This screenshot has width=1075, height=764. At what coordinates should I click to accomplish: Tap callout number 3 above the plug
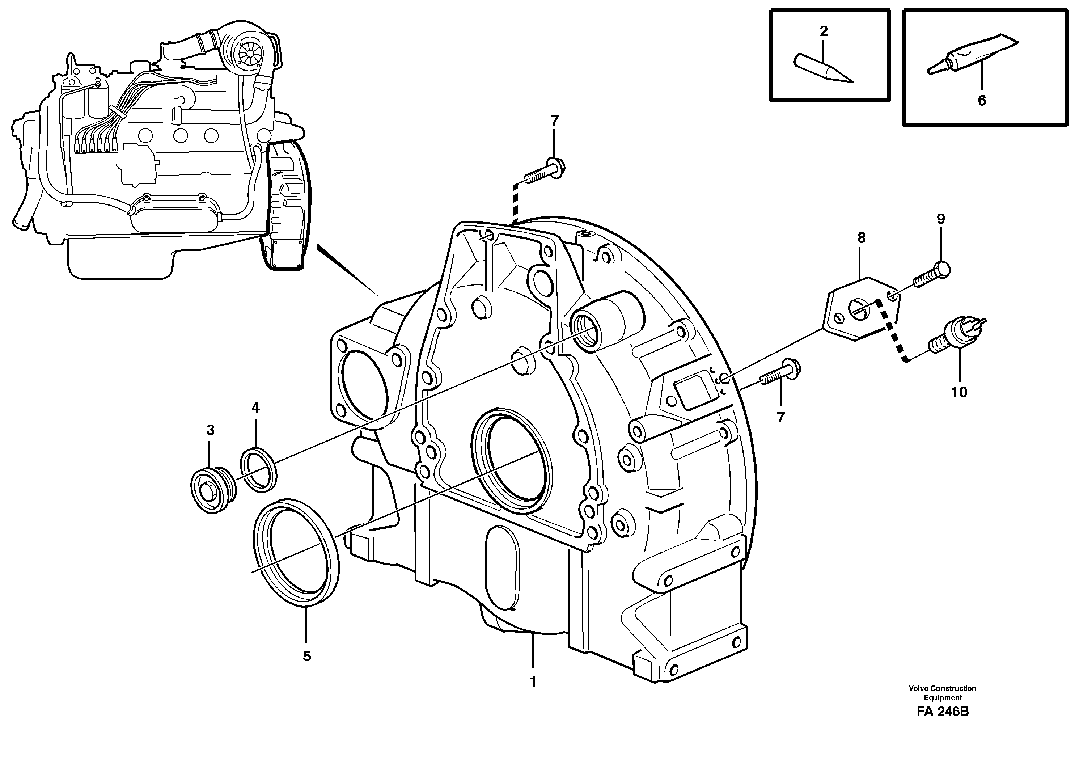coord(210,430)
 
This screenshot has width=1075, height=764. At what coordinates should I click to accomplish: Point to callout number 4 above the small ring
coord(255,408)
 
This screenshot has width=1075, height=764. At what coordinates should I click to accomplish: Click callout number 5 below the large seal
coord(306,656)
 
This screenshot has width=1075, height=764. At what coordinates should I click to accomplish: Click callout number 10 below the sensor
coord(959,392)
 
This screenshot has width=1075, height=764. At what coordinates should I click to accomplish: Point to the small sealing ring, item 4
coord(259,470)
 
